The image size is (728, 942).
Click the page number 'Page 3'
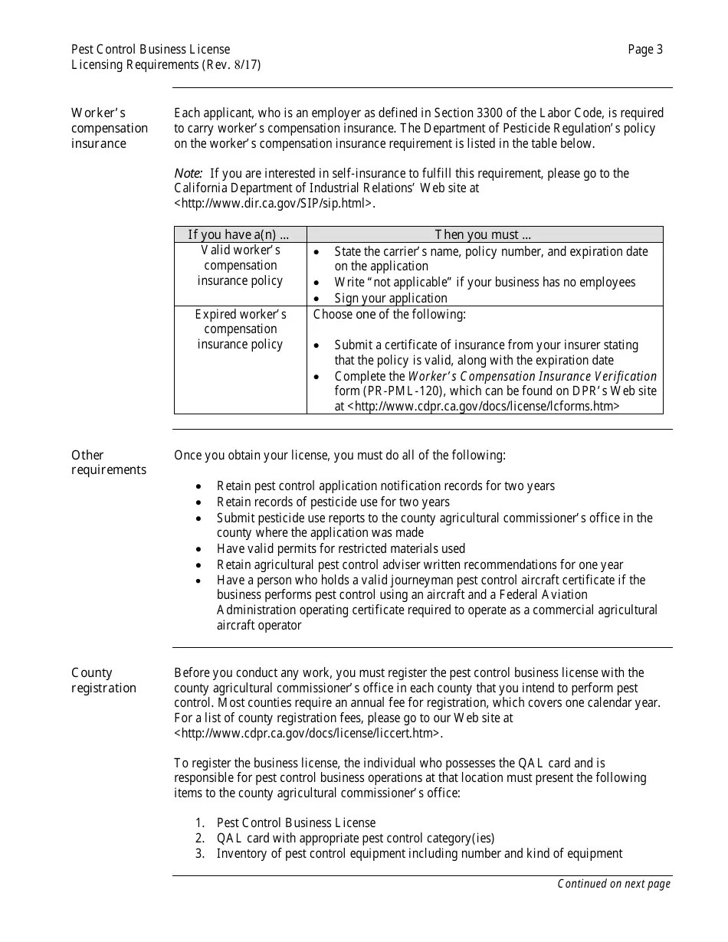click(x=644, y=50)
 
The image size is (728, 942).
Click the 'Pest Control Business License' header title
click(x=150, y=50)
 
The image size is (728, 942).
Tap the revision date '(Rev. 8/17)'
click(x=232, y=65)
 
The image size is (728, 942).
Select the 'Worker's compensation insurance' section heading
click(x=109, y=128)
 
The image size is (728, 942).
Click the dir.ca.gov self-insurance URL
click(x=274, y=204)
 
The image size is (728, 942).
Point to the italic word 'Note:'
click(x=188, y=173)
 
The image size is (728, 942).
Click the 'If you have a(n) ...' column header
click(x=239, y=234)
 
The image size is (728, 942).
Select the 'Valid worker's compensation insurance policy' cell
click(x=240, y=266)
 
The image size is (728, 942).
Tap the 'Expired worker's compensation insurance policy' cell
click(x=240, y=329)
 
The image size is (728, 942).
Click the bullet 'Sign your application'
click(x=390, y=298)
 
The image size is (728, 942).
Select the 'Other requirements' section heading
click(x=108, y=463)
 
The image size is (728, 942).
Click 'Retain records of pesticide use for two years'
click(x=333, y=502)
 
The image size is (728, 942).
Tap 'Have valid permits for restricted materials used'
click(x=340, y=548)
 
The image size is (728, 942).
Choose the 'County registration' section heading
click(x=103, y=680)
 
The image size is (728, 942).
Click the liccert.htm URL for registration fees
click(x=308, y=733)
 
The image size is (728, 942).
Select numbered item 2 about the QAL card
click(x=355, y=838)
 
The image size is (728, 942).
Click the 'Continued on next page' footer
click(x=613, y=884)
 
